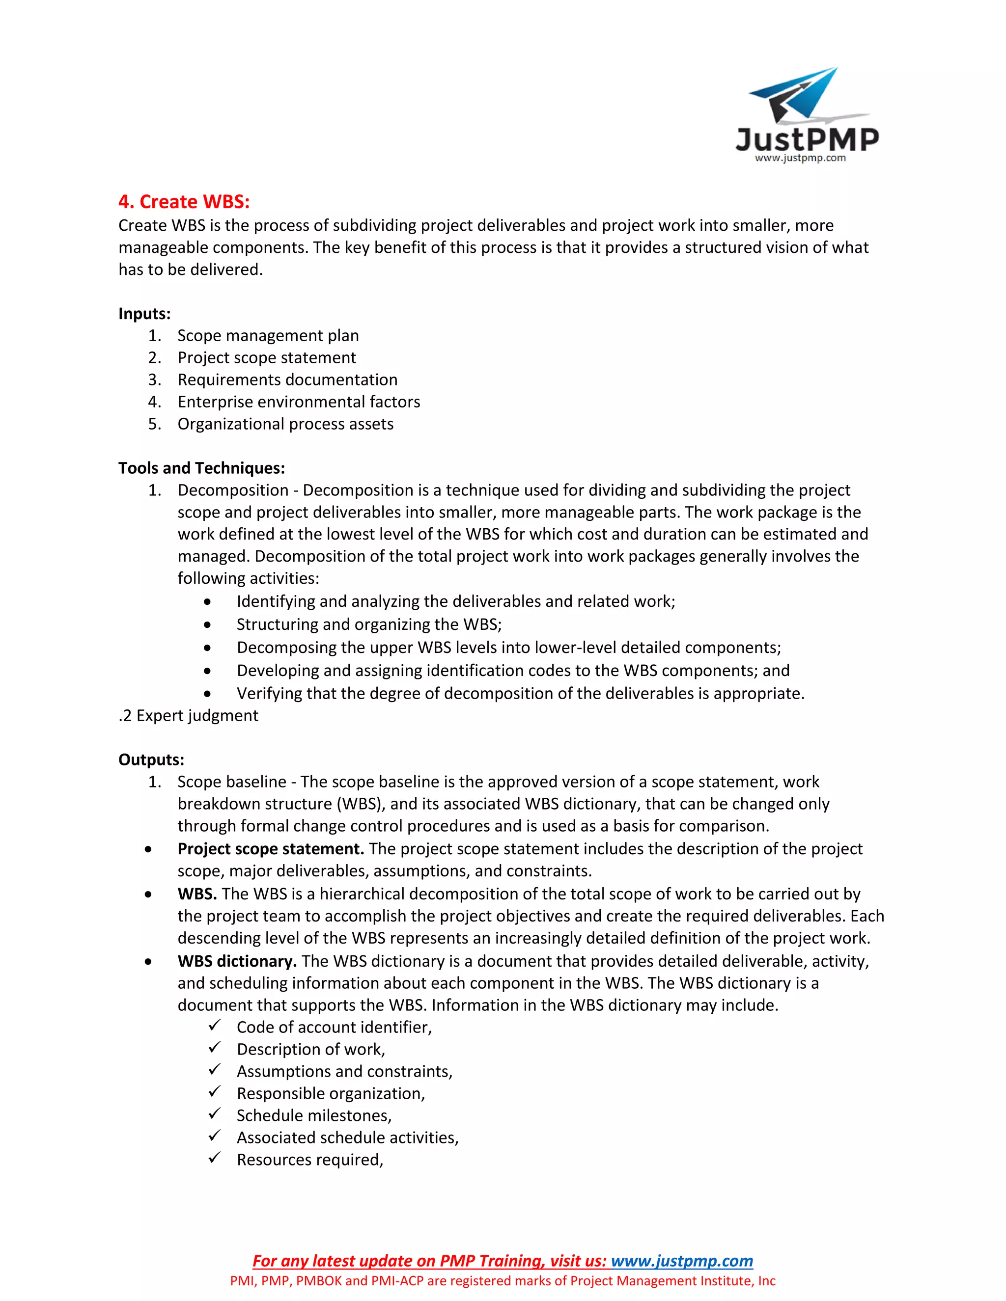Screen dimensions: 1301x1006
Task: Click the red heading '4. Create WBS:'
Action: (x=184, y=202)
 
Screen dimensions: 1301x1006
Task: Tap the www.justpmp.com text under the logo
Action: (x=800, y=158)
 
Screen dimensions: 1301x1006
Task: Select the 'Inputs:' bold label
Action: (x=144, y=313)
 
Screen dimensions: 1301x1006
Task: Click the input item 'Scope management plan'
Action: (x=268, y=335)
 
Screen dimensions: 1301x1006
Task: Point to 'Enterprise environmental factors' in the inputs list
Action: (x=299, y=402)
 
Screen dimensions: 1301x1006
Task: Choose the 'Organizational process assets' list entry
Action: (x=285, y=424)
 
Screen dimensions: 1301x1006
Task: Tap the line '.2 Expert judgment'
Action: (x=188, y=715)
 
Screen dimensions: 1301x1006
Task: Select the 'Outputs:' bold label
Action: (x=151, y=759)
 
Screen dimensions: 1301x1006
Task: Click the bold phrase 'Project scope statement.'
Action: (x=271, y=848)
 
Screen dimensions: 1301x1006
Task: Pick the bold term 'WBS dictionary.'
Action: (x=237, y=961)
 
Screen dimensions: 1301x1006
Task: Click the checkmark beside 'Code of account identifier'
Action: (x=215, y=1026)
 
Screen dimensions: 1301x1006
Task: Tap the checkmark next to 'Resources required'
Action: (x=215, y=1158)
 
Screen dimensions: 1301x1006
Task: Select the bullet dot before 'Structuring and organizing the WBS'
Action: (x=207, y=625)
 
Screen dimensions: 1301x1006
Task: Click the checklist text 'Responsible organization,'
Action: (x=331, y=1093)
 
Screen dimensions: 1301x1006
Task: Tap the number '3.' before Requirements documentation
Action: (x=154, y=379)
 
